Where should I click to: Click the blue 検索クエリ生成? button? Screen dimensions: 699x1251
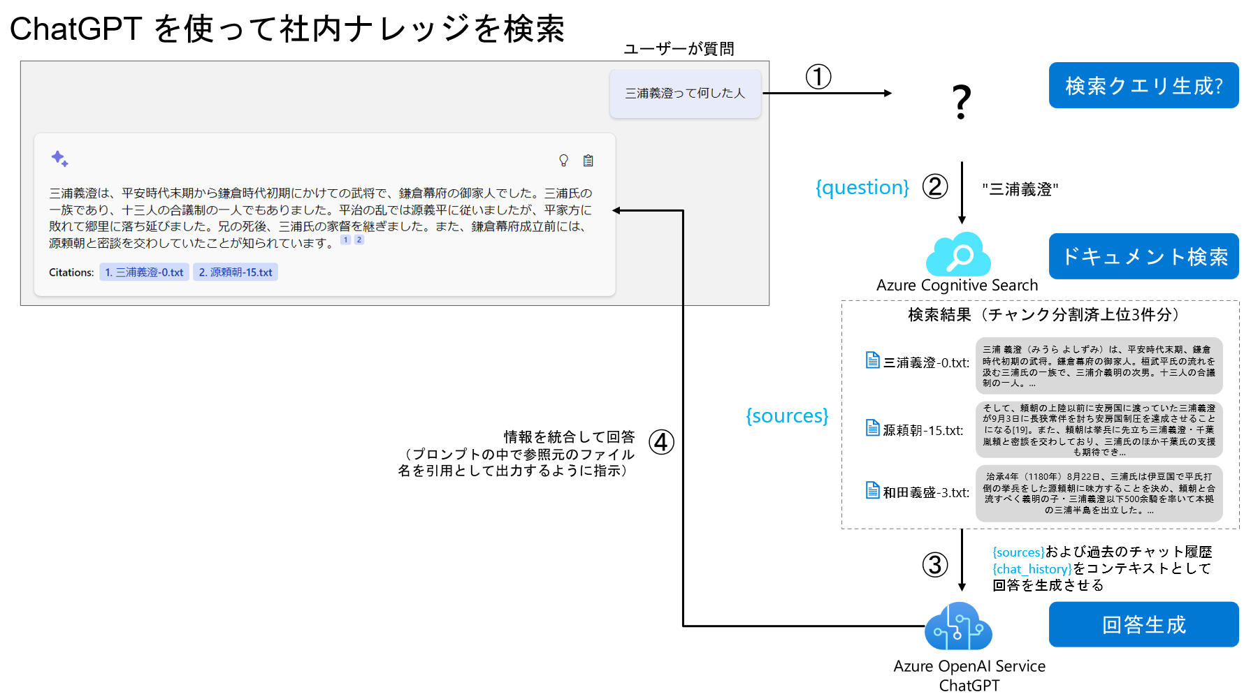(1143, 85)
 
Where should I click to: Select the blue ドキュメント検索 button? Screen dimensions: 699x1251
(1143, 256)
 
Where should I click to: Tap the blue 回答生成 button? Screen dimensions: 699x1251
(1143, 624)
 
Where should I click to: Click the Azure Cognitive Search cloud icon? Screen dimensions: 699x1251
(958, 255)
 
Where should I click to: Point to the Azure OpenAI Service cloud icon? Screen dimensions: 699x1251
(958, 626)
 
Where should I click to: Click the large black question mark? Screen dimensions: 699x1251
(962, 102)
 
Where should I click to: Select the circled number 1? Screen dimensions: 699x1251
(818, 77)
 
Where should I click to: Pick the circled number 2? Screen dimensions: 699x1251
(935, 186)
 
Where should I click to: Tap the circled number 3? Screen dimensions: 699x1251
(935, 564)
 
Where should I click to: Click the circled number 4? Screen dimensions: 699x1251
(661, 442)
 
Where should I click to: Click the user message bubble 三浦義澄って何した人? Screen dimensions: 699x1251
(685, 94)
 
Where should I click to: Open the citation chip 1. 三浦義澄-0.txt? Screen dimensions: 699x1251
(145, 272)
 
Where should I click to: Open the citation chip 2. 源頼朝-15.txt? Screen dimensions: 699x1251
(236, 272)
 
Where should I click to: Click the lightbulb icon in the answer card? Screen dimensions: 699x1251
(563, 161)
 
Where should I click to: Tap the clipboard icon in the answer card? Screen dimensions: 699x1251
(588, 161)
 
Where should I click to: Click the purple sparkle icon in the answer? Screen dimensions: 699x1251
(59, 159)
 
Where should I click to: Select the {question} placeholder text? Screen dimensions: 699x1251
(862, 187)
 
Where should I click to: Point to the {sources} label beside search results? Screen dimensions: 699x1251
(787, 415)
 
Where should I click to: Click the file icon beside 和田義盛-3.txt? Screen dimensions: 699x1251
(872, 490)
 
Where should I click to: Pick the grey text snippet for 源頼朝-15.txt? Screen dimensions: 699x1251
(1099, 429)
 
